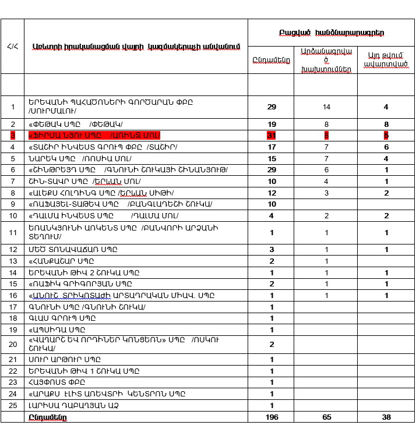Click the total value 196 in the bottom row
coord(272,417)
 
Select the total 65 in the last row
coord(326,417)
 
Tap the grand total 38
coord(386,417)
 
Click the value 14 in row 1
coord(326,107)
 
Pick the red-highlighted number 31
coord(272,135)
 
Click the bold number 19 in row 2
coord(272,124)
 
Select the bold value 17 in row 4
coord(272,147)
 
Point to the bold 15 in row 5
coord(272,158)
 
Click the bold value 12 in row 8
coord(272,193)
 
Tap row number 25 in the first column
coord(13,405)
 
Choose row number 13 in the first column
coord(13,261)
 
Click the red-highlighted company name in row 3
coord(94,135)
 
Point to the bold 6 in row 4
coord(386,147)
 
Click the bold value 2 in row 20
coord(272,344)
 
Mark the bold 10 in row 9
coord(272,204)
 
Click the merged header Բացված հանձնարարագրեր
coord(332,34)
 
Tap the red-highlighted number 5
coord(386,135)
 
